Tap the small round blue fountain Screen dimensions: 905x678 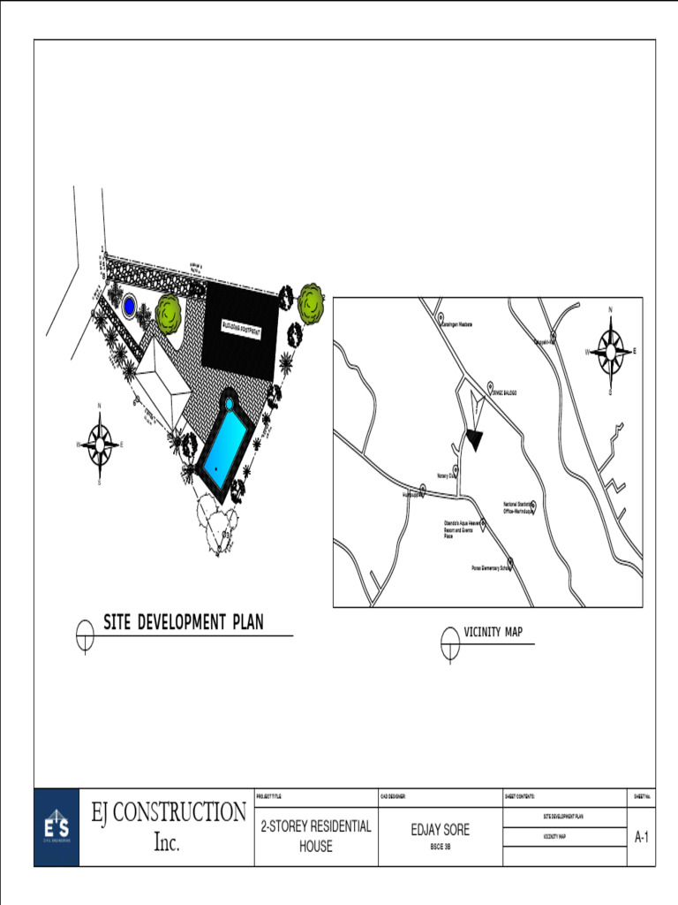tap(129, 307)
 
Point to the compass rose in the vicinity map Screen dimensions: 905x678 tap(610, 351)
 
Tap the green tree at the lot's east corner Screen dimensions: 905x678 tap(311, 303)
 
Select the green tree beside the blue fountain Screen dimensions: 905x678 tap(169, 313)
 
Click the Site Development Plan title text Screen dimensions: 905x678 tap(184, 622)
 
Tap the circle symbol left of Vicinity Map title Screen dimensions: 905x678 tap(450, 643)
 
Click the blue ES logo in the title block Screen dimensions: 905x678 tap(56, 827)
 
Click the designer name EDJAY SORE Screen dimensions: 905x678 tap(441, 830)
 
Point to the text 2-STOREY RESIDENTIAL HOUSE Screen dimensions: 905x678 tap(316, 836)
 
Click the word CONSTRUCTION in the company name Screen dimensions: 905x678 tap(190, 812)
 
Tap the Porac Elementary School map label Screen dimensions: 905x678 tap(488, 568)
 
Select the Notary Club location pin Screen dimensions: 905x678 tap(456, 470)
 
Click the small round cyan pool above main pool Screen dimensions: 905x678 tap(229, 403)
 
